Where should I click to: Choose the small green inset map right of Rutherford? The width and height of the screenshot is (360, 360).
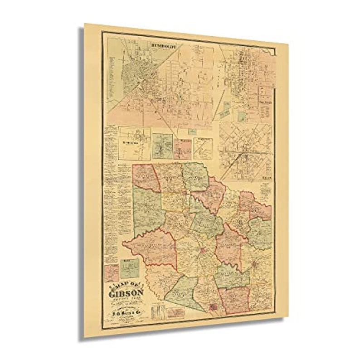pos(162,146)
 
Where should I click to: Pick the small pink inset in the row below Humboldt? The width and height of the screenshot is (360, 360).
pos(182,149)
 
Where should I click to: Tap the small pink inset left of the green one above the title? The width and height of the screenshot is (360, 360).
pos(112,272)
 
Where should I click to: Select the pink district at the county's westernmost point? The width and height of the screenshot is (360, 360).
pos(152,248)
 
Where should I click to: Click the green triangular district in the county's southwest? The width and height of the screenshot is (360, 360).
pos(182,290)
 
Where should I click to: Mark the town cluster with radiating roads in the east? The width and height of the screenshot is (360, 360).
pos(257,263)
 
